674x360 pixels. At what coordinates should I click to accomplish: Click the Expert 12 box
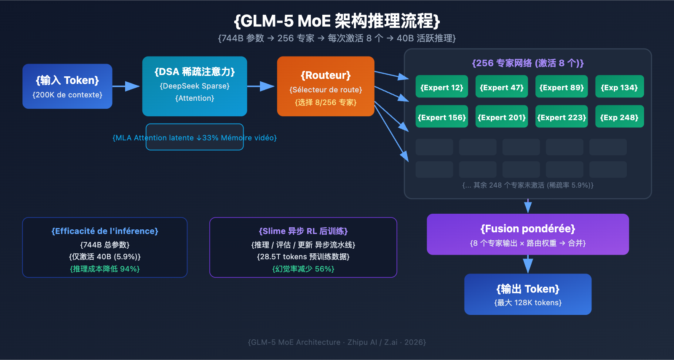pyautogui.click(x=441, y=86)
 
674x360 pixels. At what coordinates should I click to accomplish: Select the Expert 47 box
pyautogui.click(x=501, y=86)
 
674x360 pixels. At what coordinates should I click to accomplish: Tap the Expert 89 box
pyautogui.click(x=561, y=86)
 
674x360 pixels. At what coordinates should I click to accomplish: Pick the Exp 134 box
pyautogui.click(x=619, y=86)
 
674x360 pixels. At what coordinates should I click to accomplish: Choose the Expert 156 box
pyautogui.click(x=441, y=116)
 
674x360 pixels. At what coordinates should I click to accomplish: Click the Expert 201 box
pyautogui.click(x=501, y=116)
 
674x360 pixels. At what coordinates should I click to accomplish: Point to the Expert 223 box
pyautogui.click(x=561, y=116)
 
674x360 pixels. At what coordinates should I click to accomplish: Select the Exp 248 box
pyautogui.click(x=619, y=116)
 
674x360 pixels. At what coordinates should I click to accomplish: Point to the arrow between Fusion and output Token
pyautogui.click(x=528, y=264)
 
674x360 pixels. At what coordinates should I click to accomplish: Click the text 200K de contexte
pyautogui.click(x=67, y=95)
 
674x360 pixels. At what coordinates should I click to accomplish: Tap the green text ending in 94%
pyautogui.click(x=104, y=269)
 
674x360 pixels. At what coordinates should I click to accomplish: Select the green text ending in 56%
pyautogui.click(x=303, y=269)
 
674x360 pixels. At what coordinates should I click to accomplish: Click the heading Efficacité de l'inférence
pyautogui.click(x=104, y=231)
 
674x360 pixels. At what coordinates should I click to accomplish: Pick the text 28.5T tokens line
pyautogui.click(x=303, y=257)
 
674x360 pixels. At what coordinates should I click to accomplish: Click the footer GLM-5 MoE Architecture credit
pyautogui.click(x=337, y=342)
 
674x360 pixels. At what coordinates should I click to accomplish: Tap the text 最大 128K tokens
pyautogui.click(x=528, y=303)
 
